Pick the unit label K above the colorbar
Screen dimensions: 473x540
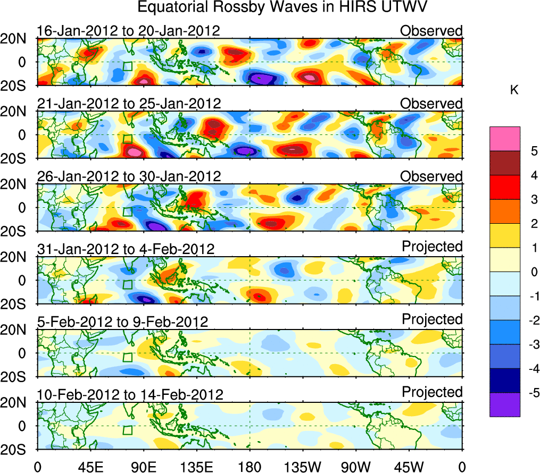click(514, 91)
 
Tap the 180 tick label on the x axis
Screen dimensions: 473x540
click(250, 466)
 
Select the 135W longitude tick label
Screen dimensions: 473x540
click(303, 466)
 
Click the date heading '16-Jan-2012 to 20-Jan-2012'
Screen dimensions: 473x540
click(128, 31)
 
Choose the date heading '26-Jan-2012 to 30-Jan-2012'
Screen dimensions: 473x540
click(128, 176)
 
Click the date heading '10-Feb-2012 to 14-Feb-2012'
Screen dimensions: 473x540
click(130, 394)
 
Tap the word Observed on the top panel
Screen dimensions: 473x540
click(431, 31)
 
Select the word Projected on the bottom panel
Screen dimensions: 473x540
click(432, 392)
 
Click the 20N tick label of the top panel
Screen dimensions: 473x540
click(18, 38)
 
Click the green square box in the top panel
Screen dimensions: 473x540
click(127, 66)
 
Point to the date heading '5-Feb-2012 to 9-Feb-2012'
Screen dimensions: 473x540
click(122, 322)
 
